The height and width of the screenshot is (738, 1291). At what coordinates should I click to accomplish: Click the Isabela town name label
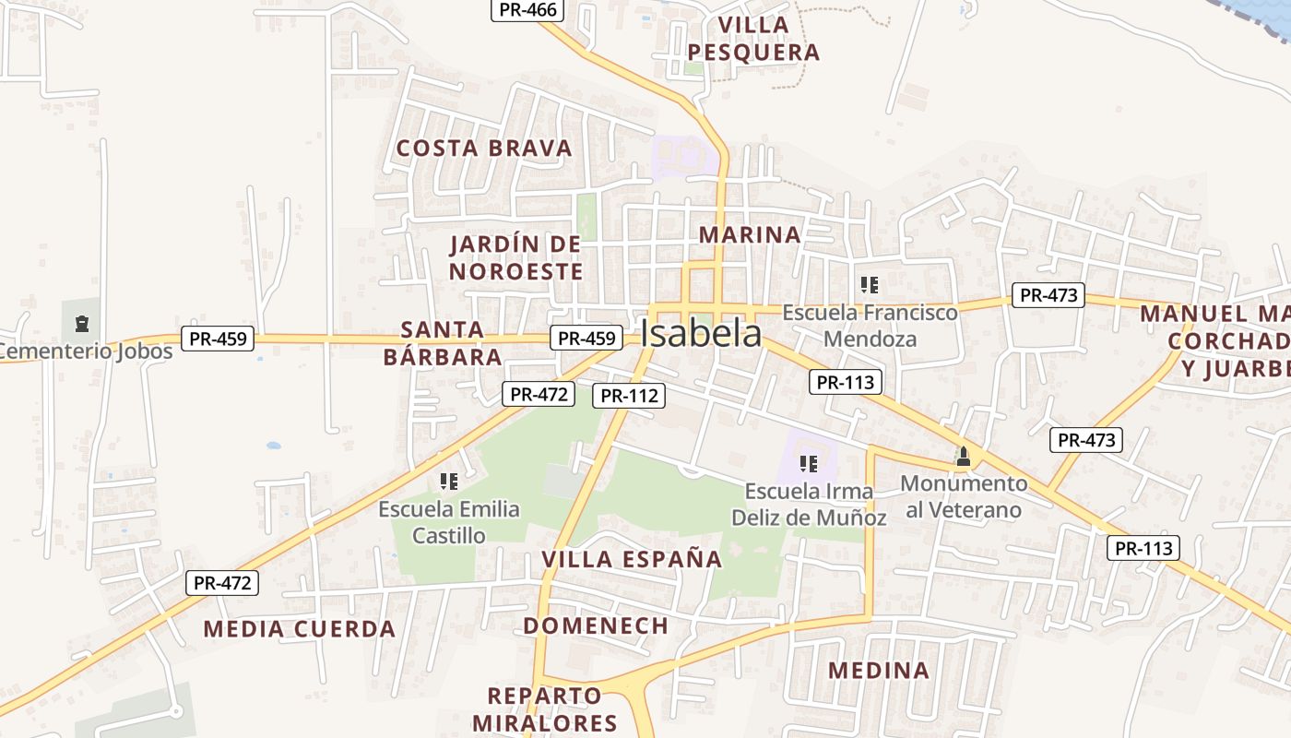point(701,334)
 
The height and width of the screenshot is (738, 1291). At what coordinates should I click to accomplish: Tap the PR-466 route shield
point(527,10)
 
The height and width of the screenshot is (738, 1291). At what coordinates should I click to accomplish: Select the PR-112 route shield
point(630,396)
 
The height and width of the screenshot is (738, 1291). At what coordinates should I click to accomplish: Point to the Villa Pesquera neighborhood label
point(753,39)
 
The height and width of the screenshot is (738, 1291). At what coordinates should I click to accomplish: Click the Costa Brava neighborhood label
point(484,149)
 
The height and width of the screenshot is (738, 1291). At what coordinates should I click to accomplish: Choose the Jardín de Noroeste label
point(516,258)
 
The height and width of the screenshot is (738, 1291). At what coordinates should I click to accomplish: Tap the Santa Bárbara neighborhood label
point(443,343)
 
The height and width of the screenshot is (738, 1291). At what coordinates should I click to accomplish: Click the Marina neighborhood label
point(750,234)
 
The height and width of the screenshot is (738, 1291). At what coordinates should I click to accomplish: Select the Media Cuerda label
point(299,629)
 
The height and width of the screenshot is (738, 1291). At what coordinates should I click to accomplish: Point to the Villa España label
point(632,559)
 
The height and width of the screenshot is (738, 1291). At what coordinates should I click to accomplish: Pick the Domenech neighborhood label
point(596,625)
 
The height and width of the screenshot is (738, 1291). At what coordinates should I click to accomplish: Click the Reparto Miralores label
point(544,708)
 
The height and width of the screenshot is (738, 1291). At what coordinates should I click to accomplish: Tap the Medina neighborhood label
point(878,671)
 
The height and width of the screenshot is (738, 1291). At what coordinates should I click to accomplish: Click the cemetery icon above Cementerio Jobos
point(82,323)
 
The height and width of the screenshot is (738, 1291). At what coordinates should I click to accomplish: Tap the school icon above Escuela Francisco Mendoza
point(868,284)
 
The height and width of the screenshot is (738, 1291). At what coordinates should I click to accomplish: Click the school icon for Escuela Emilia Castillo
point(449,481)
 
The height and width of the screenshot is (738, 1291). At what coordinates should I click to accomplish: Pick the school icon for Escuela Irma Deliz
point(809,463)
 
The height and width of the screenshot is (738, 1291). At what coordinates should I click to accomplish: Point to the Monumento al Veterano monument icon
point(964,456)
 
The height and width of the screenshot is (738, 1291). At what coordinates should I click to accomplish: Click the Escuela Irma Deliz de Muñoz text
point(809,504)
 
